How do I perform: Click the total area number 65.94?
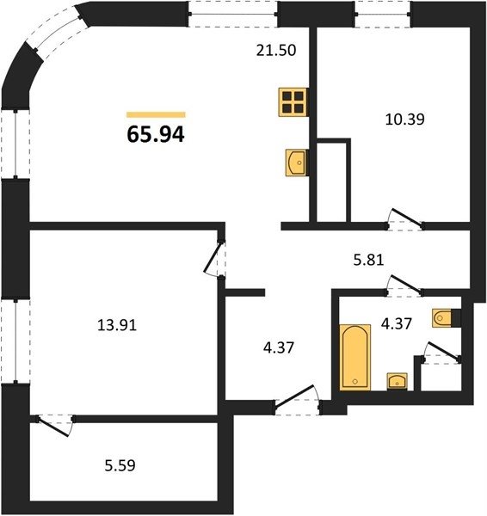coord(156,135)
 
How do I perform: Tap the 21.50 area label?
coord(276,51)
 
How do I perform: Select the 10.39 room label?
coord(404,120)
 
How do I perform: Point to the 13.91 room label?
coord(117,325)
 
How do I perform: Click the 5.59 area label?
coord(120,465)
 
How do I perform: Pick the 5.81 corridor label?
coord(368,260)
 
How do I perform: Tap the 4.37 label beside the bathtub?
coord(397,324)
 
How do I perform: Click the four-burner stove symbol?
coord(293,102)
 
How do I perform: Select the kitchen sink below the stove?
coord(296,163)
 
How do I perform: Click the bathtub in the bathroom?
coord(355,356)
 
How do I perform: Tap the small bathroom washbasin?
coord(398,381)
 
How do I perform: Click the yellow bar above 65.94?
coord(156,114)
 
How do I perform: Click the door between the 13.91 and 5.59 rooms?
coord(55,425)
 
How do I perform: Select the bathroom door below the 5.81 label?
coord(404,285)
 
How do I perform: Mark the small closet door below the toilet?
coord(442,353)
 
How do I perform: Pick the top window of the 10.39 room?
coord(383,14)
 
